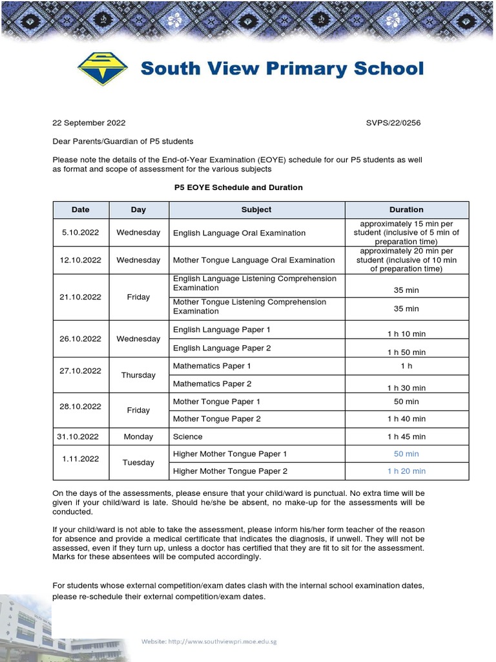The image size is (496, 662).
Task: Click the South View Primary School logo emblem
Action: coord(103,69)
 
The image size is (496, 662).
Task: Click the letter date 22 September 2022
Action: coord(88,123)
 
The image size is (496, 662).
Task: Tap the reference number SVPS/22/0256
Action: coord(393,123)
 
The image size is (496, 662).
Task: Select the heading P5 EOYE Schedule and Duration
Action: coord(238,187)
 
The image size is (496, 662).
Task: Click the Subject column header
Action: coord(256,209)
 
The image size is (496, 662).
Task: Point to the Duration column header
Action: coord(406,209)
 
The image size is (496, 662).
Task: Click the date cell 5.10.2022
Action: coord(81,232)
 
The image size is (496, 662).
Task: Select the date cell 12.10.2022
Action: coord(81,260)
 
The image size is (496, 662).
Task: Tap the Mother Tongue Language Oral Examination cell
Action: coord(254,260)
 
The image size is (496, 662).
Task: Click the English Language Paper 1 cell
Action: coord(222,330)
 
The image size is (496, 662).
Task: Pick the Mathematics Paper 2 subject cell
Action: coord(212,383)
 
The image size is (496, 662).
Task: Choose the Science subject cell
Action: coord(188,436)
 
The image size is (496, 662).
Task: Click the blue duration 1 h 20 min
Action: coord(406,471)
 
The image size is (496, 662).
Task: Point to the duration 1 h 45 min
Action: coord(406,436)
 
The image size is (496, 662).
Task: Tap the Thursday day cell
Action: coord(138,375)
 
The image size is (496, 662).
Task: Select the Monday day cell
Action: coord(138,436)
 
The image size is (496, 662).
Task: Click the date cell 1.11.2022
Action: coord(81,458)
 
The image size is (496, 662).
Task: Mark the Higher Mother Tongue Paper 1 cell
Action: coord(230,454)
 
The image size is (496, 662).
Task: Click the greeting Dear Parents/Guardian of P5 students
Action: coord(123,141)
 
